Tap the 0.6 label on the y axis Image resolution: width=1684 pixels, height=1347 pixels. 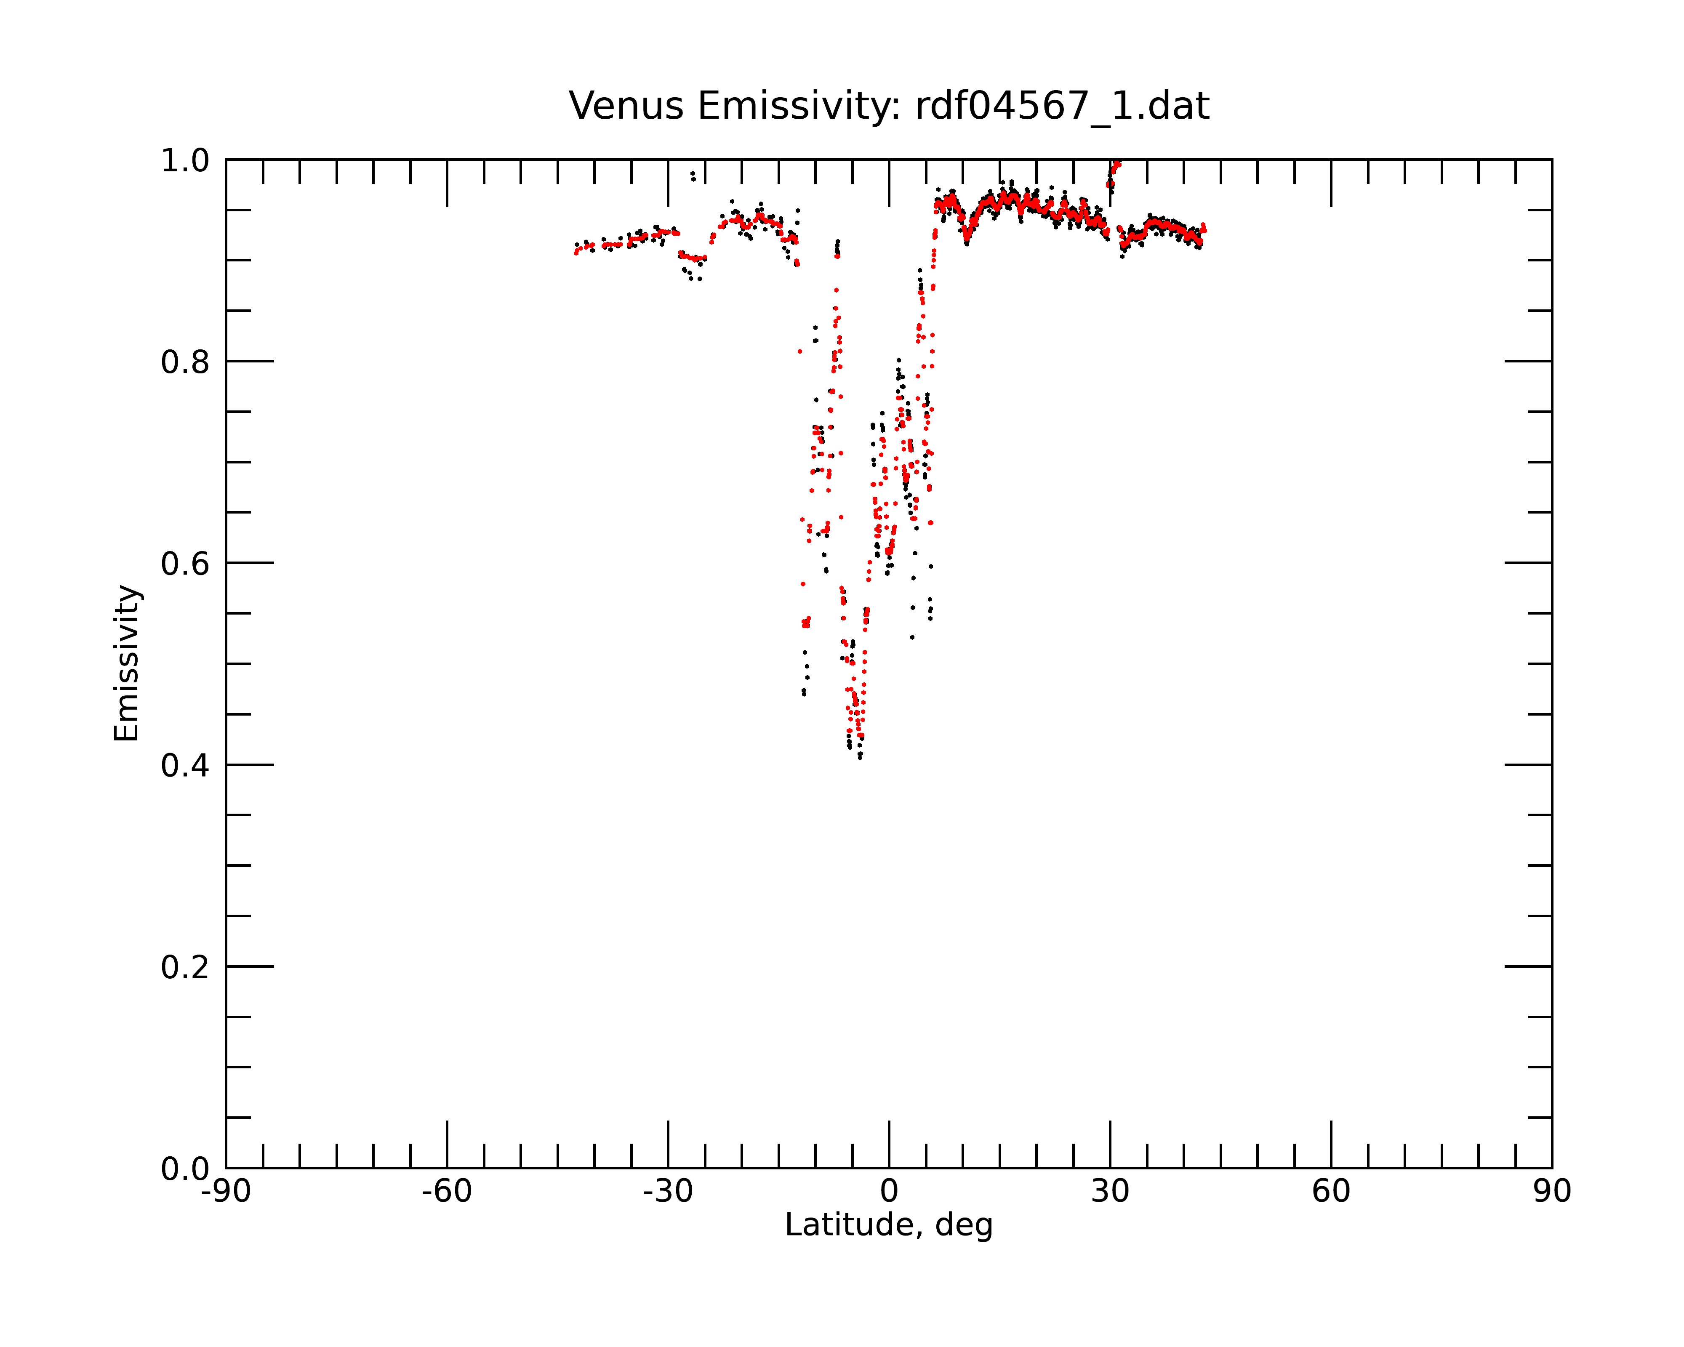tap(185, 564)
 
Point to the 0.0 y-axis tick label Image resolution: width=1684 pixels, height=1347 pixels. tap(185, 1169)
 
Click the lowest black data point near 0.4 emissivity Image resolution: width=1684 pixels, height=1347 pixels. tap(860, 757)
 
